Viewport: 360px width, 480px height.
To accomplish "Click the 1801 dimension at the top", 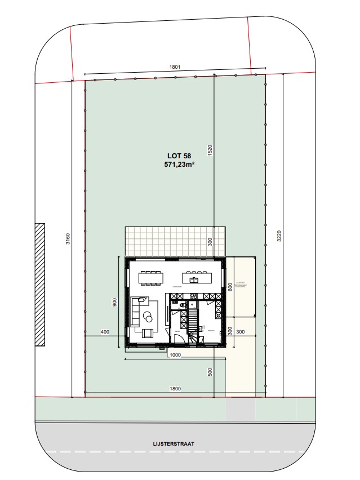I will [x=175, y=69].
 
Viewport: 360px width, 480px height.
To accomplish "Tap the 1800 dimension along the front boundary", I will [x=175, y=389].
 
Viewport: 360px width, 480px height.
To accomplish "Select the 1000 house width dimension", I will [x=175, y=355].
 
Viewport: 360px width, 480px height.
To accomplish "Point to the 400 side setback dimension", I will [x=105, y=331].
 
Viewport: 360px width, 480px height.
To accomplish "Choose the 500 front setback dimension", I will [x=210, y=372].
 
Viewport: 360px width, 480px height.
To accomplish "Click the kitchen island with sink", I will [x=196, y=277].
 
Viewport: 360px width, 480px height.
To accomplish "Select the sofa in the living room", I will [x=136, y=311].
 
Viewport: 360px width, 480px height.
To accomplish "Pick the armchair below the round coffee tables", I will [x=148, y=332].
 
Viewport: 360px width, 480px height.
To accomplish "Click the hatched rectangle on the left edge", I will [x=39, y=285].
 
